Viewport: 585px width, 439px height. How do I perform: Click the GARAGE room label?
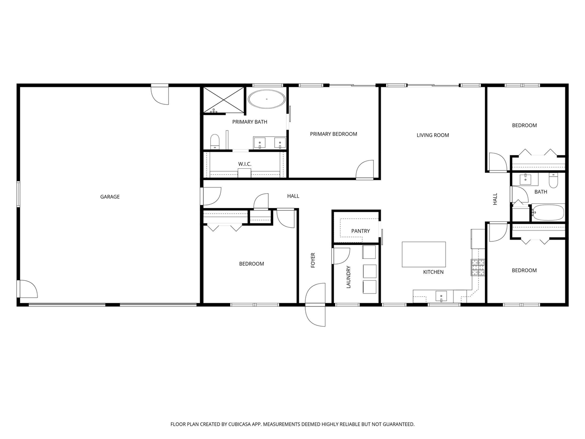[110, 197]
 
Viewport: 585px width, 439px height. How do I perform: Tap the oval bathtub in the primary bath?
[266, 99]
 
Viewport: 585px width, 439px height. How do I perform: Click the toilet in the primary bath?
[215, 141]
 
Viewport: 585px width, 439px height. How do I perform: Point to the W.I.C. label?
[245, 164]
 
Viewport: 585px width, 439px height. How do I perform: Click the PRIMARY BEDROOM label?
[333, 134]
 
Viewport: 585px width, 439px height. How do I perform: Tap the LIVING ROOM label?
[432, 135]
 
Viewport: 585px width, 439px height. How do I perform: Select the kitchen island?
[424, 254]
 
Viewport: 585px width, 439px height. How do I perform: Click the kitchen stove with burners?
[478, 268]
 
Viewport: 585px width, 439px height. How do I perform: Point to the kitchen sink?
[441, 296]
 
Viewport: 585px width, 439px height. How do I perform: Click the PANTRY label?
[360, 231]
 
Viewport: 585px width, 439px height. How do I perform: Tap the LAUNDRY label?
[348, 277]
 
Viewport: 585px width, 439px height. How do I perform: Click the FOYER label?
[313, 260]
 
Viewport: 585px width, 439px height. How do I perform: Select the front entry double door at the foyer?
[315, 305]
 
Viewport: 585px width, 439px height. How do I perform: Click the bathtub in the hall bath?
[548, 213]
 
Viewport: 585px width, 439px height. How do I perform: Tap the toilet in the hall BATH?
[553, 181]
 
